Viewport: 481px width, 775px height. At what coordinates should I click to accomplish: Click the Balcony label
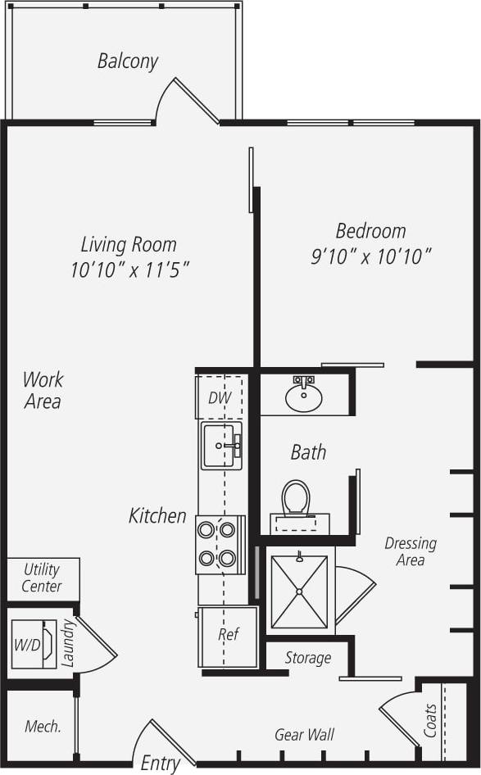127,61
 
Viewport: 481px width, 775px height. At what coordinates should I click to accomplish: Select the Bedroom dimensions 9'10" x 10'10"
370,257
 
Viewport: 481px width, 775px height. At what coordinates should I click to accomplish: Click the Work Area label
42,390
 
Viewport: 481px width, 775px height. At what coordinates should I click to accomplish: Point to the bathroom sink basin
303,398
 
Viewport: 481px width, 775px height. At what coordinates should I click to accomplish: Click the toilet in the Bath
295,498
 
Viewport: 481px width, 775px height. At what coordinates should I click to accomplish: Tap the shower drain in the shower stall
299,591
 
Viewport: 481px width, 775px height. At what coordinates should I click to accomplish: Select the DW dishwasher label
220,398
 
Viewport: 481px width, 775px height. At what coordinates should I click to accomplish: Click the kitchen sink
221,446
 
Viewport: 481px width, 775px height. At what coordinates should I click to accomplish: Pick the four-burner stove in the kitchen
220,545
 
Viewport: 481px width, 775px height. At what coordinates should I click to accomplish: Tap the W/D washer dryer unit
27,645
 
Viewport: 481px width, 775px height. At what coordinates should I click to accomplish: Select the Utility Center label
42,578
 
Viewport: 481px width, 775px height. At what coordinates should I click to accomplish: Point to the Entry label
161,763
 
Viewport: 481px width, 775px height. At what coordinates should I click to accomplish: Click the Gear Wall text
304,735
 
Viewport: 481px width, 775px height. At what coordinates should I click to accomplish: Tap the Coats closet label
430,719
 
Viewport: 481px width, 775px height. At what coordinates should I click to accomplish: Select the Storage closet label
308,657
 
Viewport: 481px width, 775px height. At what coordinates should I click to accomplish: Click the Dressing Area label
411,551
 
